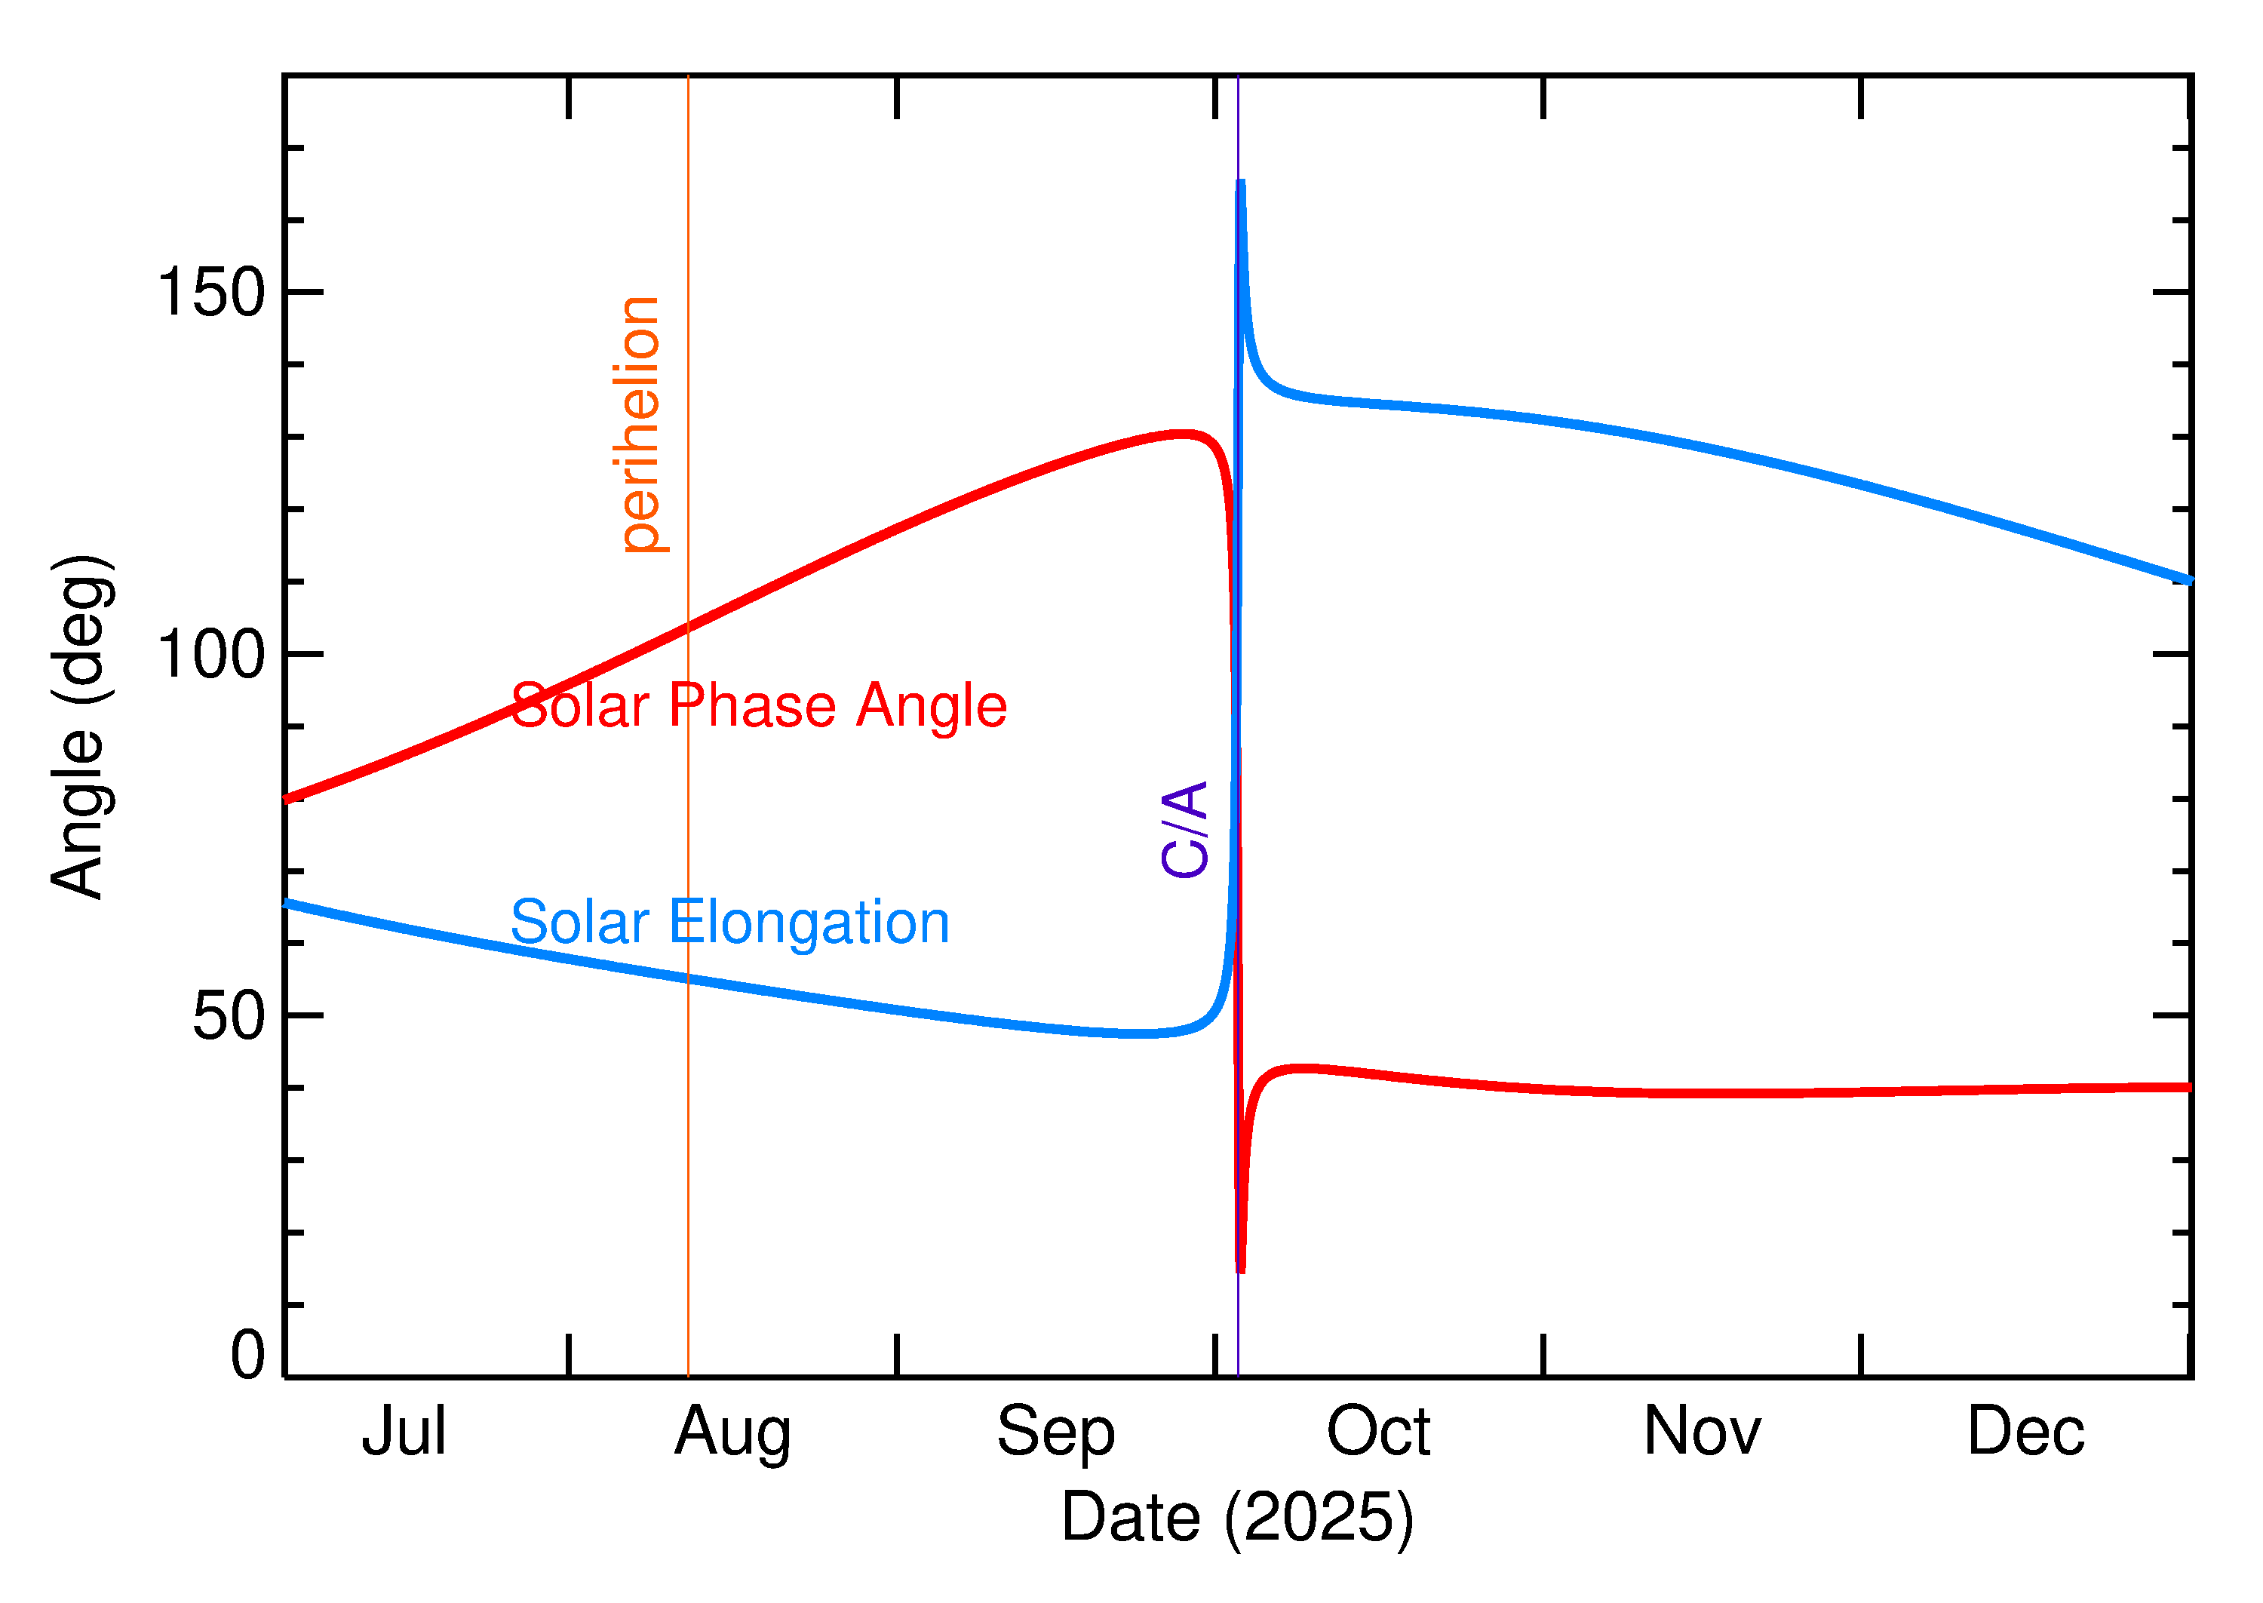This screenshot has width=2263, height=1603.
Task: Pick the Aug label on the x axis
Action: coord(732,1433)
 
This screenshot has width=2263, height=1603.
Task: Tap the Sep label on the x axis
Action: coord(1055,1433)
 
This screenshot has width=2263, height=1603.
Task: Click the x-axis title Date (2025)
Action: coord(1236,1517)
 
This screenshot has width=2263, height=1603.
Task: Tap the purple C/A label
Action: coord(1184,829)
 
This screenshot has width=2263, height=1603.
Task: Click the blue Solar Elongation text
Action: coord(729,922)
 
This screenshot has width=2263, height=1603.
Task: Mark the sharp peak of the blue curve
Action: coord(1241,183)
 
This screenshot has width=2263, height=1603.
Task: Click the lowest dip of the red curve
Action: coord(1241,1270)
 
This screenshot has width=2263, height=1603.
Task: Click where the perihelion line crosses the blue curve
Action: coord(688,979)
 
